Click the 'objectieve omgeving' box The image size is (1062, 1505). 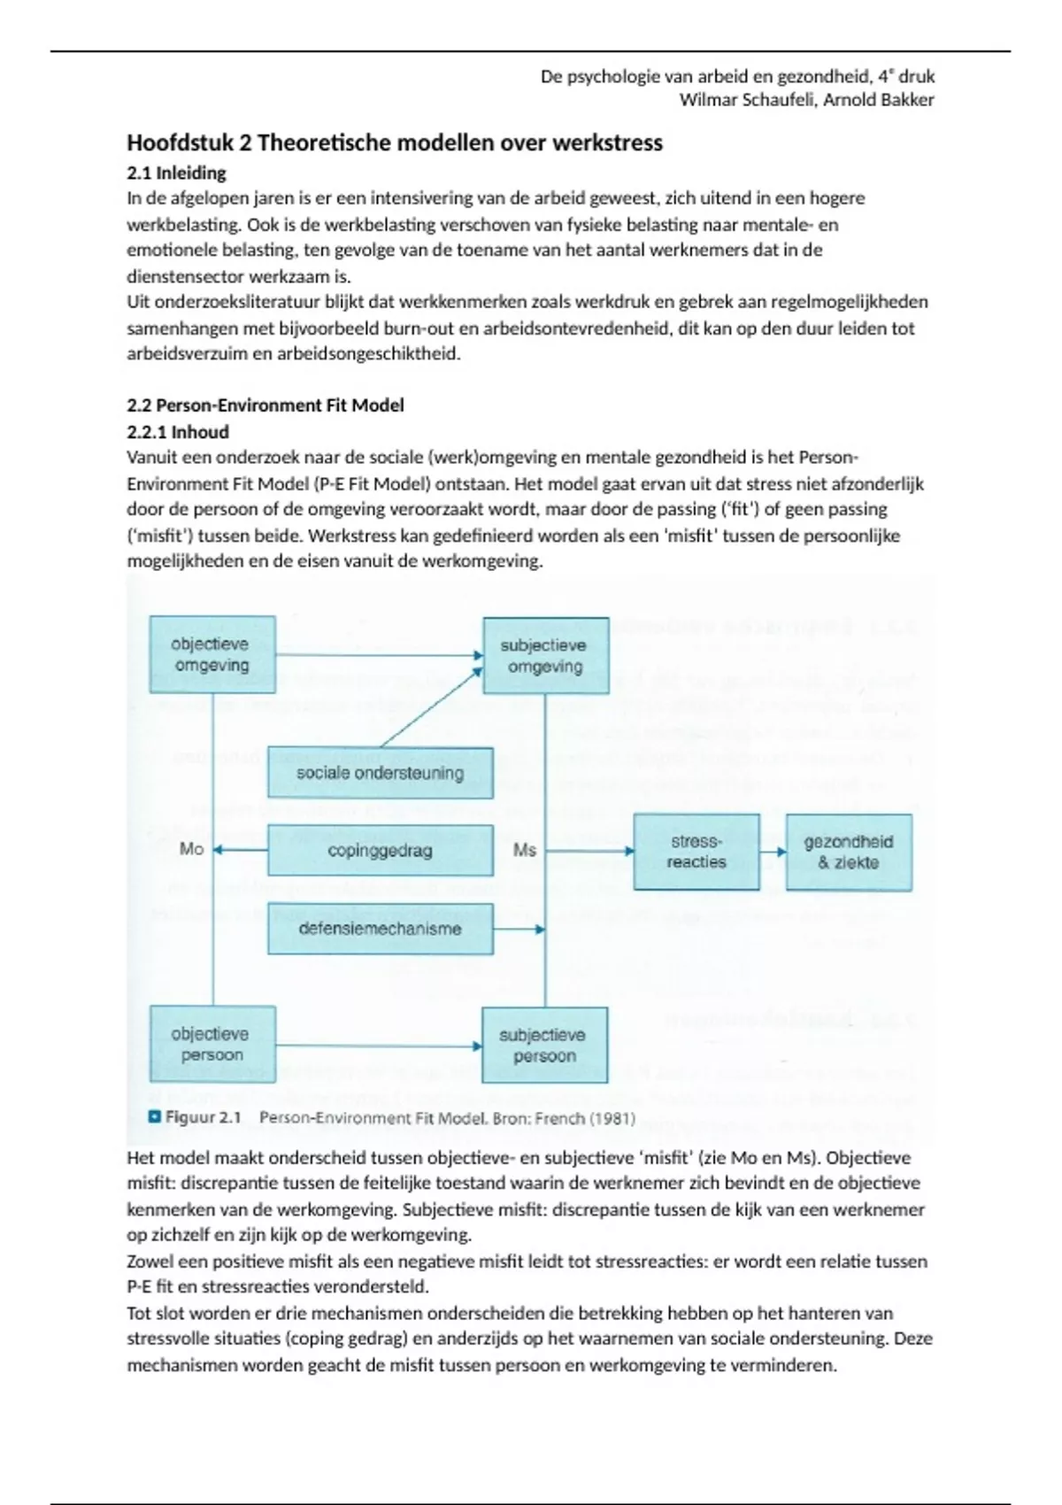click(x=212, y=654)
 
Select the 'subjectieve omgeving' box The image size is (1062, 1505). click(x=545, y=655)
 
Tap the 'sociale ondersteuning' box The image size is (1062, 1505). click(x=380, y=773)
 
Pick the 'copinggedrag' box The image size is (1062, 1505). click(x=380, y=851)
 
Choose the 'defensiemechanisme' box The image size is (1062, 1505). click(x=380, y=929)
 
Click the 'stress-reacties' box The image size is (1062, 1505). click(x=696, y=852)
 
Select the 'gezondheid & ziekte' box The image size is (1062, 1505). click(x=849, y=852)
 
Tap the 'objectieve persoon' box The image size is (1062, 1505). click(x=212, y=1045)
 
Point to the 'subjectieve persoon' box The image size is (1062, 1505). click(x=544, y=1046)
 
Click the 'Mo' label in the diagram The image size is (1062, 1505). click(x=191, y=849)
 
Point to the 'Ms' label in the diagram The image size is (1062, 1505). click(x=525, y=850)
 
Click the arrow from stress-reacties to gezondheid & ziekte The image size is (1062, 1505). click(x=773, y=852)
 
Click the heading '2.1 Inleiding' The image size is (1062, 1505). click(x=176, y=173)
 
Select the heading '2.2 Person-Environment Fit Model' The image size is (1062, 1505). click(x=265, y=405)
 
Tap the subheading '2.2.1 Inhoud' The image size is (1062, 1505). click(x=178, y=432)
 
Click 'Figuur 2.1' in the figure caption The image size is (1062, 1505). click(x=203, y=1117)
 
